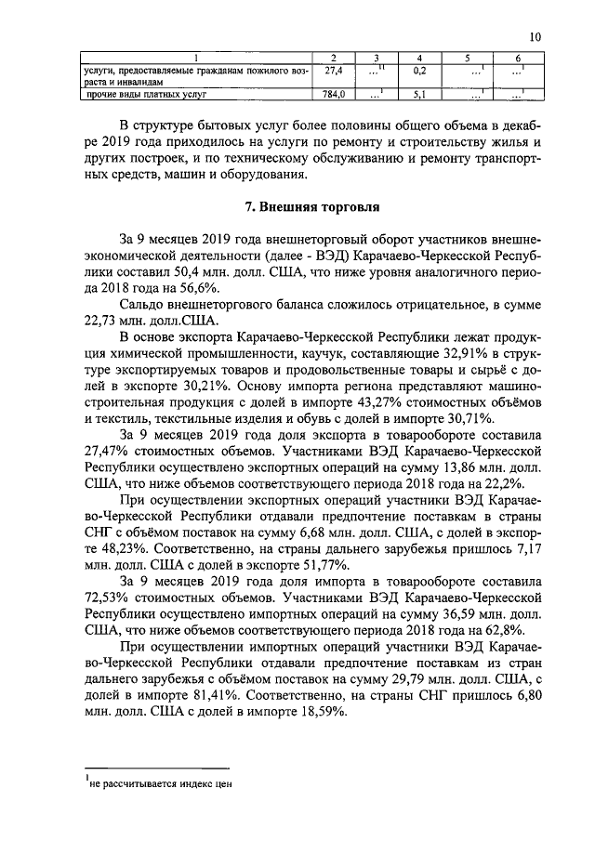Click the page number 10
pyautogui.click(x=535, y=36)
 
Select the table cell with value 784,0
pyautogui.click(x=333, y=94)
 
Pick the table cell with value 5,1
pyautogui.click(x=419, y=94)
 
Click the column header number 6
pyautogui.click(x=517, y=59)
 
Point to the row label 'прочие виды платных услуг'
pyautogui.click(x=146, y=94)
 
